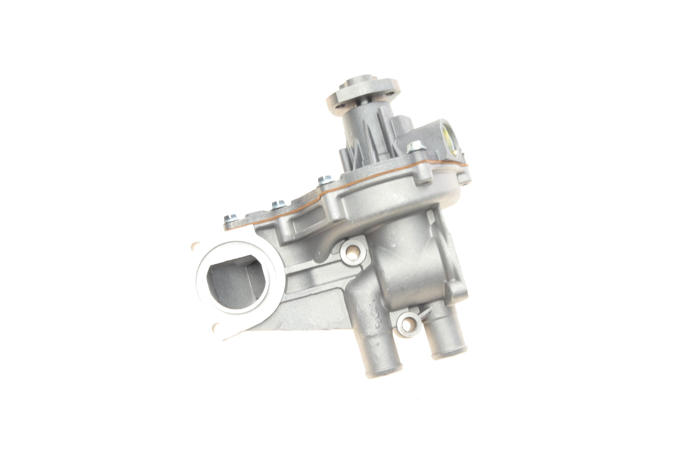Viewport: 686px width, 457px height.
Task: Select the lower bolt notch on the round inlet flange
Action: coord(216,327)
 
